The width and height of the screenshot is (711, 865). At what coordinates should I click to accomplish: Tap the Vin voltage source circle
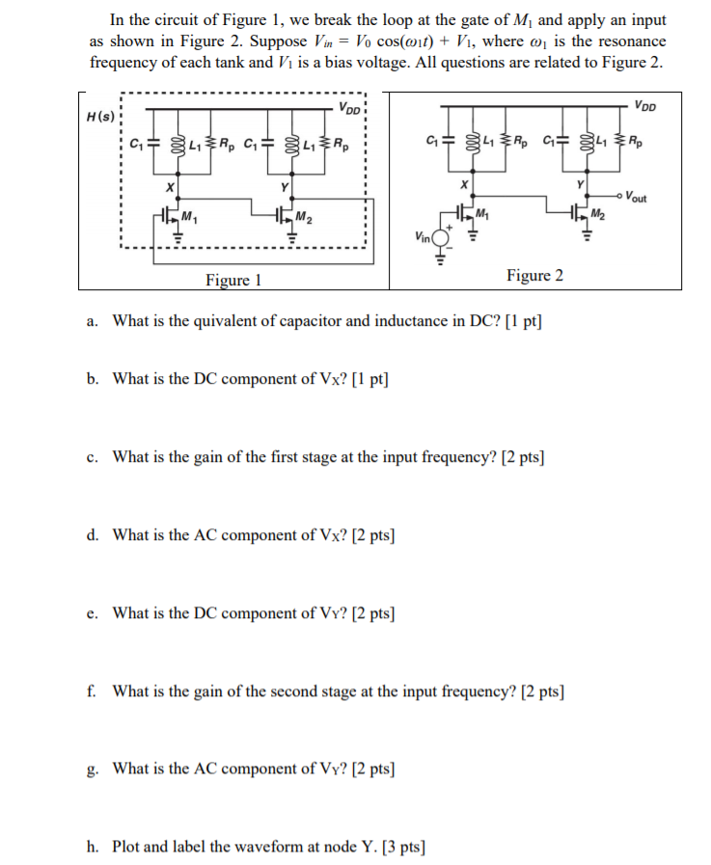point(442,237)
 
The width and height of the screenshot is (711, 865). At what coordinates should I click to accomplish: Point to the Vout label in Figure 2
point(637,198)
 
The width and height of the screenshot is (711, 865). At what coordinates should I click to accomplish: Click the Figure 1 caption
point(233,281)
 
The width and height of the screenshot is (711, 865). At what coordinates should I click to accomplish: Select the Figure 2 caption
point(534,276)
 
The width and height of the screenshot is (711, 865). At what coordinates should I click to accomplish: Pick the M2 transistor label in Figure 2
point(599,213)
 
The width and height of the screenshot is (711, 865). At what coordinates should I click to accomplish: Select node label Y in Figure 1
point(284,185)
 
